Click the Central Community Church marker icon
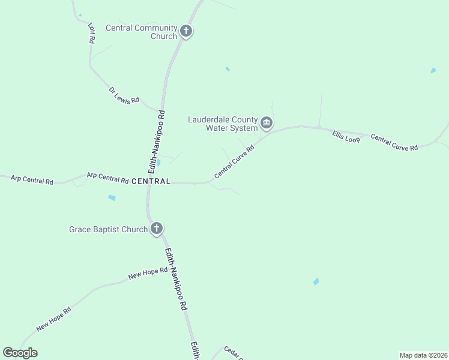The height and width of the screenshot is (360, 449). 186,31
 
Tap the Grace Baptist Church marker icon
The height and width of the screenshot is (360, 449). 156,228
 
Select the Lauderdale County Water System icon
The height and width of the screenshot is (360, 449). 267,124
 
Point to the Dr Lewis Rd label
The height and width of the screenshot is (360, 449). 124,96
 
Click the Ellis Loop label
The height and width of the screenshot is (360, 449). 346,137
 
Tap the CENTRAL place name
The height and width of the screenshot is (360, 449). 151,181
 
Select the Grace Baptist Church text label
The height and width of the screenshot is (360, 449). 109,229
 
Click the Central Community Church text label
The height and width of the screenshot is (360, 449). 142,32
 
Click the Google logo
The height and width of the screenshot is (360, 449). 20,353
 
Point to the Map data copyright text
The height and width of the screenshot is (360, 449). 423,355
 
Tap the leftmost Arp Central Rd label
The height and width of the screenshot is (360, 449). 32,179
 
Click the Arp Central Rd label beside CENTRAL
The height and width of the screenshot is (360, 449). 108,178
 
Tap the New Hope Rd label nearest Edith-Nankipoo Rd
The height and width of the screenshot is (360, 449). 148,273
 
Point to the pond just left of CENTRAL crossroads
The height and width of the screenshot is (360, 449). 158,162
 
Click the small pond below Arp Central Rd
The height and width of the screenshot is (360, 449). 112,197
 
